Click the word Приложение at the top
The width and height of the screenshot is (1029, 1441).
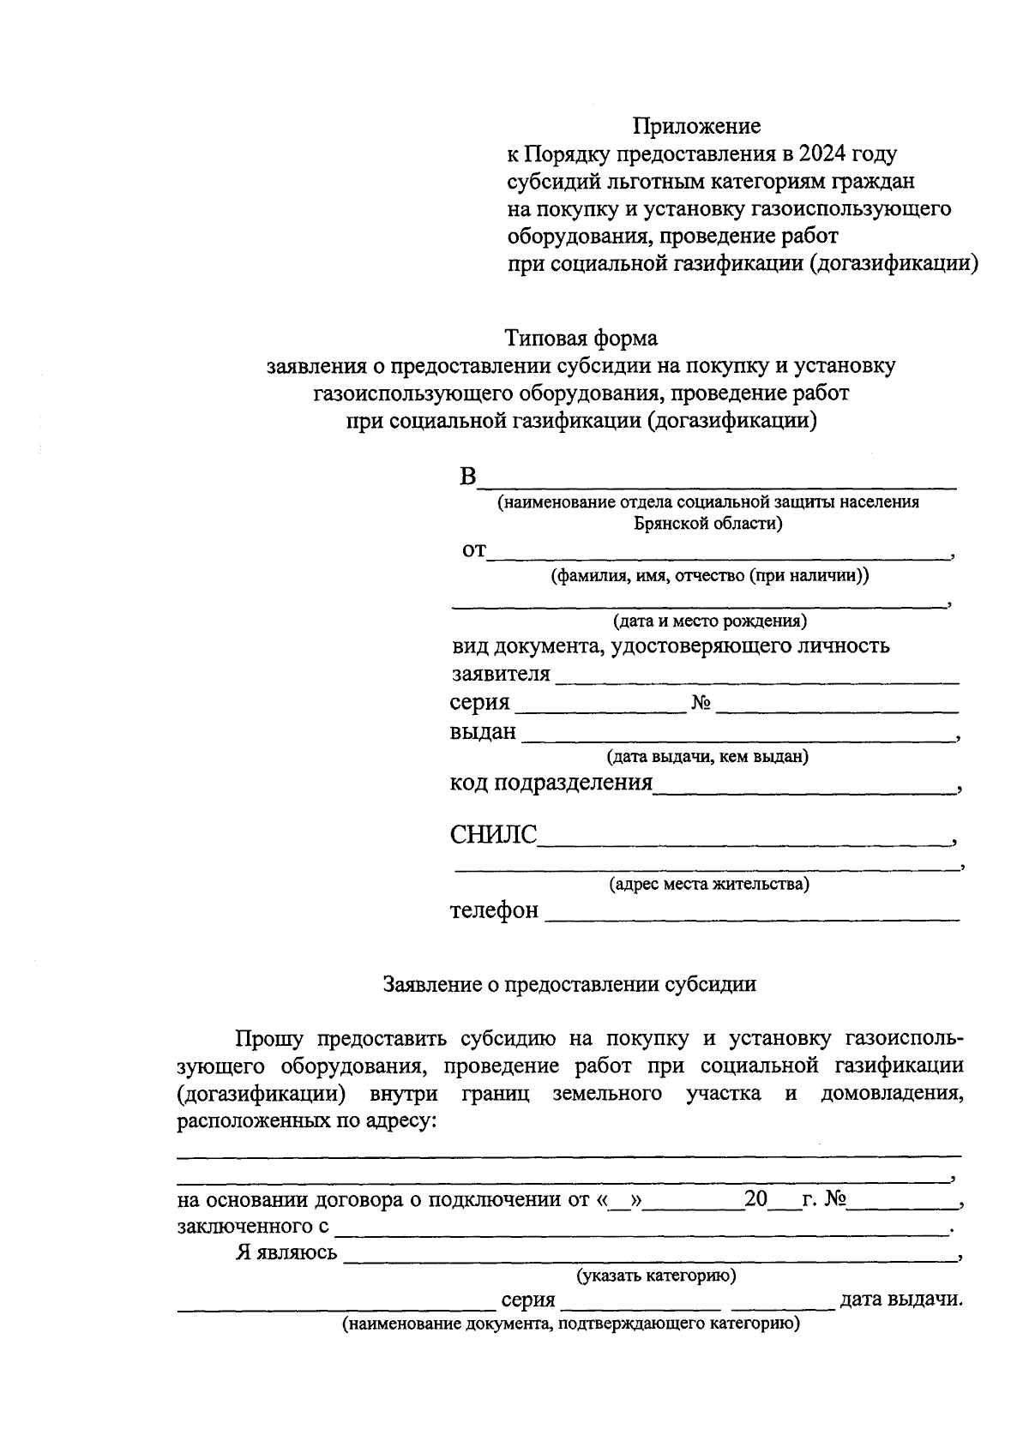(696, 127)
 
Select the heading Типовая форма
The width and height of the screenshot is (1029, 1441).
(581, 338)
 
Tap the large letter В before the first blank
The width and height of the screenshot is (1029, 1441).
(466, 477)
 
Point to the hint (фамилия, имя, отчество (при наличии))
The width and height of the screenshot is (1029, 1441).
(709, 576)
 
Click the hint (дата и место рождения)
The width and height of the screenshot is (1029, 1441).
(709, 621)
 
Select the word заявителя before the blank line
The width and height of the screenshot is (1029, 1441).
(501, 674)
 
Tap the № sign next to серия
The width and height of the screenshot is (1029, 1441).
(701, 704)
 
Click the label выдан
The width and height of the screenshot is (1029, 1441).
(483, 732)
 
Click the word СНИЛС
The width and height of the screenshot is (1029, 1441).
(493, 835)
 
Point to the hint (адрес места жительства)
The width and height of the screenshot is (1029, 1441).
(709, 884)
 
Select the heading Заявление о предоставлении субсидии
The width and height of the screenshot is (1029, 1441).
(569, 984)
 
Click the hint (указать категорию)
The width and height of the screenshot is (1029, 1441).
(656, 1276)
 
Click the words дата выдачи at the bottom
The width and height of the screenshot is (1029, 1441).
(900, 1300)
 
